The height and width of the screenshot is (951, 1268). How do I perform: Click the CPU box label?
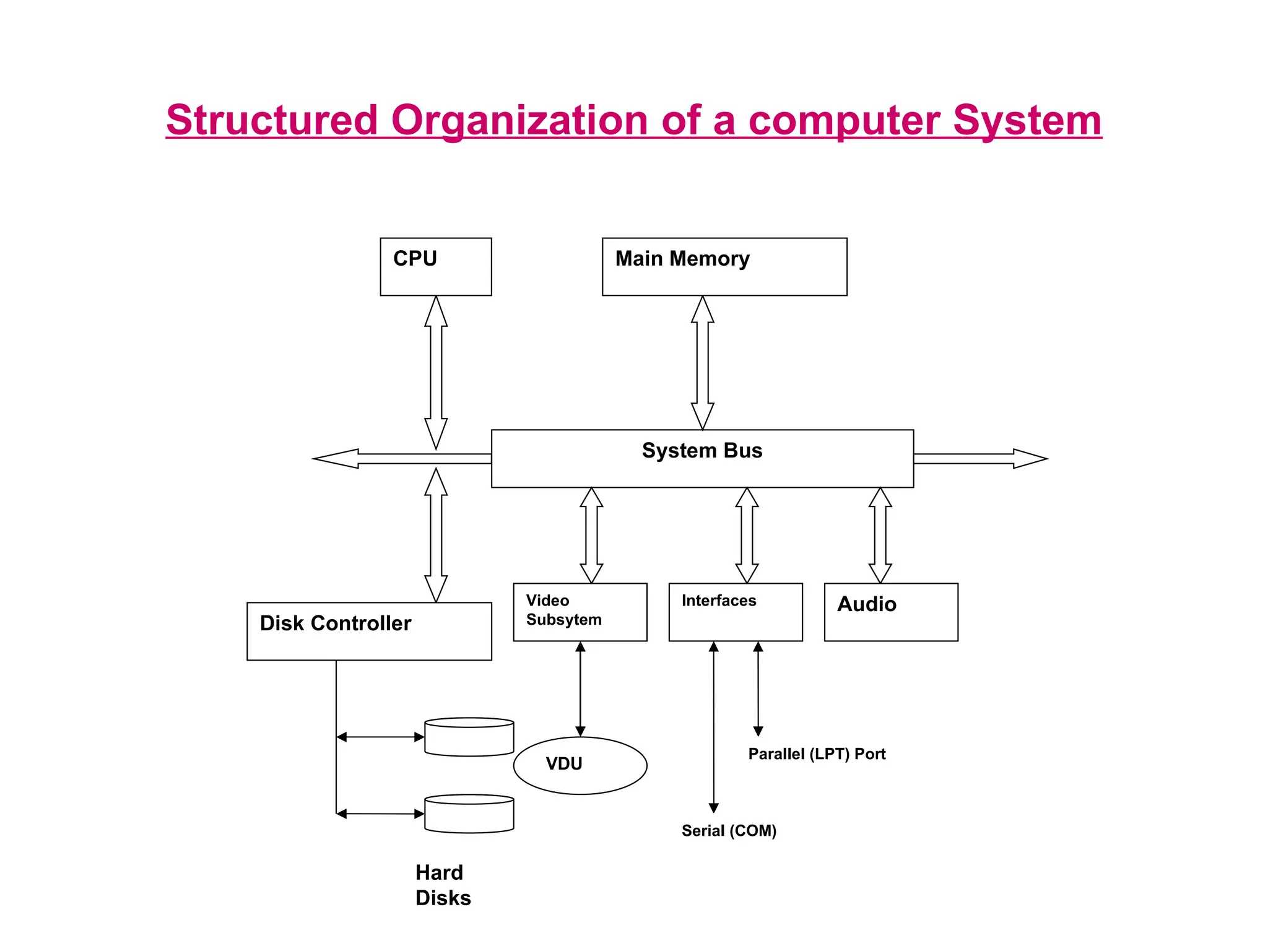tap(415, 259)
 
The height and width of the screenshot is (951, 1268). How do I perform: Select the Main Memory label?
tap(682, 259)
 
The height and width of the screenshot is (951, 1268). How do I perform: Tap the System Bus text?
tap(702, 451)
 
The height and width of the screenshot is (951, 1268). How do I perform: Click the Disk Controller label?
tap(335, 623)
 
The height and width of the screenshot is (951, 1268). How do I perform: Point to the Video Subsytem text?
tap(563, 610)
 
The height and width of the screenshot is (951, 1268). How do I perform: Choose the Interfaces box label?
tap(719, 601)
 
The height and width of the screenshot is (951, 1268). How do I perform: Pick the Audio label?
tap(867, 604)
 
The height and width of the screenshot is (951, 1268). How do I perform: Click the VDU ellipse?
tap(580, 765)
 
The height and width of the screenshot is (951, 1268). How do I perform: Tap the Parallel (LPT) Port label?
tap(817, 754)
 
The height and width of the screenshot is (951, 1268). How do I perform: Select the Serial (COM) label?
tap(729, 831)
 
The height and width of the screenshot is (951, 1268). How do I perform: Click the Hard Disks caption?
tap(443, 885)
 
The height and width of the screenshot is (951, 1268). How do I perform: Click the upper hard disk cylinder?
tap(469, 737)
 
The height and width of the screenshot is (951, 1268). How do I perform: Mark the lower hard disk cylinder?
tap(469, 814)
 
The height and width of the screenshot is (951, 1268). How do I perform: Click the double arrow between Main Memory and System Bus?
tap(702, 363)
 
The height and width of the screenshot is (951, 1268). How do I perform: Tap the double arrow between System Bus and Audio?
tap(880, 536)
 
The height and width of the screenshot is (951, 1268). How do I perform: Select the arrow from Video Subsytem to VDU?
tap(580, 688)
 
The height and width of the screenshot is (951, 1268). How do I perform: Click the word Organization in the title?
tap(519, 120)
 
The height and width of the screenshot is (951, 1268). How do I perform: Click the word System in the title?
tap(1027, 120)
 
